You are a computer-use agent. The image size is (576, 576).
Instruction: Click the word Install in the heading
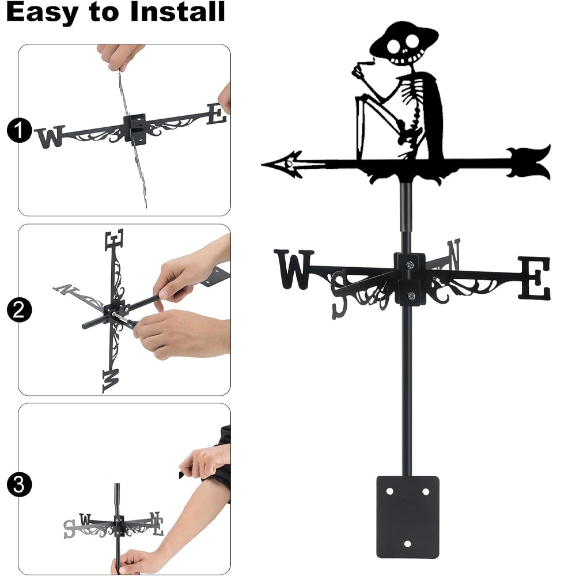tap(177, 12)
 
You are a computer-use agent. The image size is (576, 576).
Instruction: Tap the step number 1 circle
tap(19, 130)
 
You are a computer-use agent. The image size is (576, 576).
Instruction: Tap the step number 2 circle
tap(19, 310)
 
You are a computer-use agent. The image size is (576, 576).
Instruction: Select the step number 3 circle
tap(19, 484)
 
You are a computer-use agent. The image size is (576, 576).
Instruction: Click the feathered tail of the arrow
tap(529, 163)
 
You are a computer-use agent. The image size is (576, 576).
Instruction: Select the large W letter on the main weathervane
tap(293, 269)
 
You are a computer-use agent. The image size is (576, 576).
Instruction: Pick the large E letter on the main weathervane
tap(535, 278)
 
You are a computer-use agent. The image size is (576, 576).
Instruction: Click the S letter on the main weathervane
tap(339, 294)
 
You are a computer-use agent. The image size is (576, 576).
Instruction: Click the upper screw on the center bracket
tap(410, 264)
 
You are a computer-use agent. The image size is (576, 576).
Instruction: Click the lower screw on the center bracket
tap(411, 295)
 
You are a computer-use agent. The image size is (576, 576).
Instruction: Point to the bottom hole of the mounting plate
tap(407, 544)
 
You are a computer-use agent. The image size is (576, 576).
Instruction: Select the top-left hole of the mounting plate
tap(389, 491)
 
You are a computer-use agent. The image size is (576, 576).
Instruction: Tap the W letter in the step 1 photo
tap(51, 137)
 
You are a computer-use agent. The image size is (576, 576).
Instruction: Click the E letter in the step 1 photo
tap(217, 113)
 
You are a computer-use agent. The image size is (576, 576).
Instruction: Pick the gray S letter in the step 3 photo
tap(69, 529)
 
